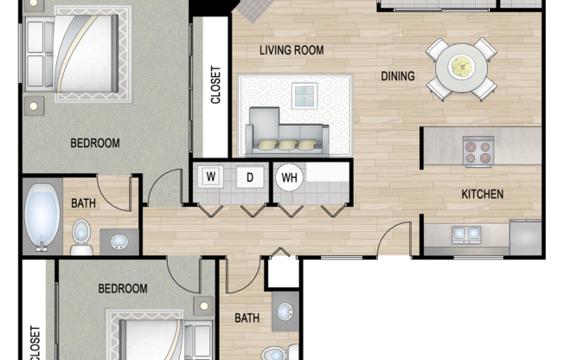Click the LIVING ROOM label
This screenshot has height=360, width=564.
pyautogui.click(x=292, y=50)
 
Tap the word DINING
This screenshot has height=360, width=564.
pyautogui.click(x=398, y=76)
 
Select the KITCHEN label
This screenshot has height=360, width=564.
pyautogui.click(x=482, y=194)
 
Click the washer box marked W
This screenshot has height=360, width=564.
pyautogui.click(x=209, y=177)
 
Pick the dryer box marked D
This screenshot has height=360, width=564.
pyautogui.click(x=250, y=177)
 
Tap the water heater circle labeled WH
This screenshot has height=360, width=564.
pyautogui.click(x=289, y=178)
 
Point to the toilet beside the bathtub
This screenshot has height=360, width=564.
pyautogui.click(x=81, y=235)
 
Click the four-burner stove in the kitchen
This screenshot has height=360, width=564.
pyautogui.click(x=477, y=151)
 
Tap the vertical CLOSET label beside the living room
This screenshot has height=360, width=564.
pyautogui.click(x=215, y=86)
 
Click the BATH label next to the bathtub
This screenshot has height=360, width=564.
pyautogui.click(x=84, y=203)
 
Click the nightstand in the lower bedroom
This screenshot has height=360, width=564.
pyautogui.click(x=204, y=305)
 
